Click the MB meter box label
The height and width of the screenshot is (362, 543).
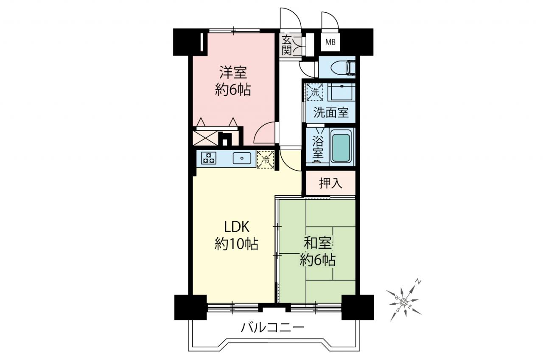click(330, 42)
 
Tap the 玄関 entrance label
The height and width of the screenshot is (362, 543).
click(286, 45)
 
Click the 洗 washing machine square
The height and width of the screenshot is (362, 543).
click(315, 92)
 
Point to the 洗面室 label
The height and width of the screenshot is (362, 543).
click(331, 112)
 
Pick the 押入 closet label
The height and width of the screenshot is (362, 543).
click(330, 183)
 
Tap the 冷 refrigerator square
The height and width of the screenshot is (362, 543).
click(266, 159)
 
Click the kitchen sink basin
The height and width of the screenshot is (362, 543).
click(242, 158)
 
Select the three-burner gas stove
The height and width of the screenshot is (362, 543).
click(209, 158)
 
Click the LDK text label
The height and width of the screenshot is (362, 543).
click(237, 227)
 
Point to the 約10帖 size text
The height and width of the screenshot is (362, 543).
click(236, 244)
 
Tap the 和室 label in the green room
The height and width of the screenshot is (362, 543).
click(318, 244)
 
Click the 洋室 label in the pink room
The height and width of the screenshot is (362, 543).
click(233, 72)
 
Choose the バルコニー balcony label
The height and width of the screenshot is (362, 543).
click(272, 328)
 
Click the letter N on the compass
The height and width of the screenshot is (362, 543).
click(418, 282)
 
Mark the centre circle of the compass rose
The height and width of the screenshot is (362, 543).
click(403, 302)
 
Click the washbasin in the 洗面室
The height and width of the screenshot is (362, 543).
click(341, 92)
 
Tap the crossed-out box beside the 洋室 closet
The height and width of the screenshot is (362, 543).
click(205, 138)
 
